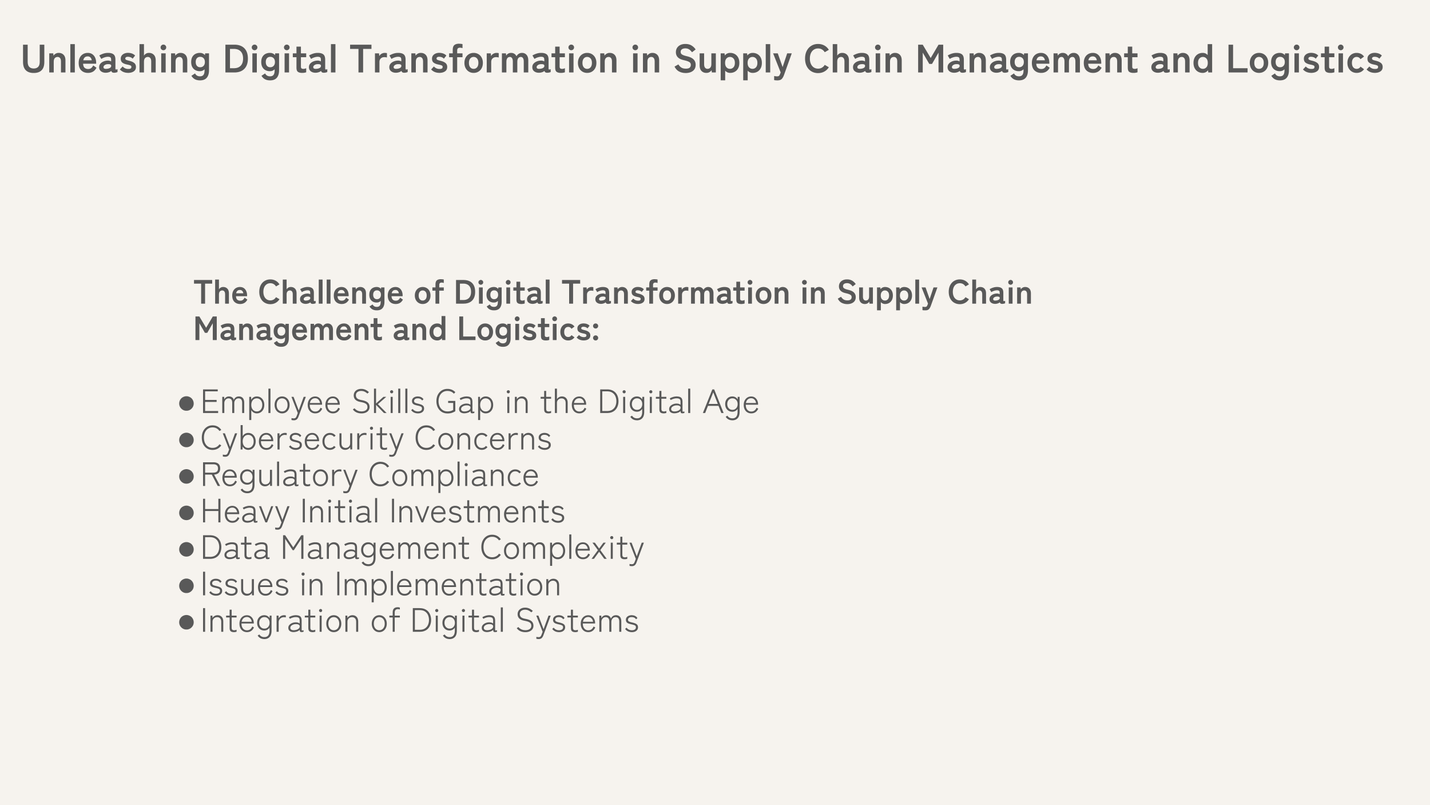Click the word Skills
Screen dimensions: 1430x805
[x=388, y=402]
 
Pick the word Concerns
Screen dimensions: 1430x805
[x=483, y=439]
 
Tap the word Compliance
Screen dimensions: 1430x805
[x=454, y=476]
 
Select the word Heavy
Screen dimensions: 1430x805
[x=245, y=513]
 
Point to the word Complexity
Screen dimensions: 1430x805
[x=562, y=549]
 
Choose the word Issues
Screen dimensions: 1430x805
[x=245, y=585]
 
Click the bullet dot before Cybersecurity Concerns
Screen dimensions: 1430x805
[x=186, y=440]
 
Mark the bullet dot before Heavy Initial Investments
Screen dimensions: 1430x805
[x=186, y=513]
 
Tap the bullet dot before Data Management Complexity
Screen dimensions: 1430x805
[x=186, y=549]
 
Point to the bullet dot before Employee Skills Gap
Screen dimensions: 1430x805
[x=186, y=403]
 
